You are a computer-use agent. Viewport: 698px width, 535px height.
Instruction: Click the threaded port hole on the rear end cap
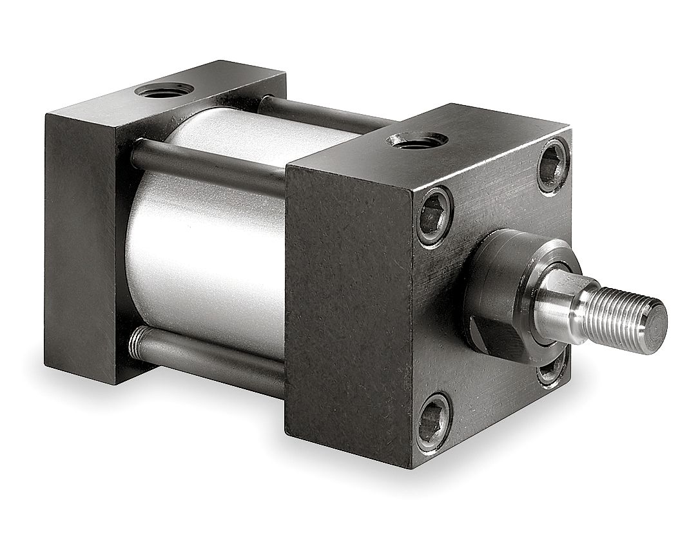164,90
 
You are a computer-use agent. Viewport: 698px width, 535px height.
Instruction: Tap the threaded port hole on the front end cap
417,140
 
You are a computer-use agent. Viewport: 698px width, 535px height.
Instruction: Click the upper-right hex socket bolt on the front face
553,165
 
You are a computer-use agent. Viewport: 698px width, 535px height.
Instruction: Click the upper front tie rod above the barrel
206,164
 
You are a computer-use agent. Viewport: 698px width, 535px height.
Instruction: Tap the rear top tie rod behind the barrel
322,114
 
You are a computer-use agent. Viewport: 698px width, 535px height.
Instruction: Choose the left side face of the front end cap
348,309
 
